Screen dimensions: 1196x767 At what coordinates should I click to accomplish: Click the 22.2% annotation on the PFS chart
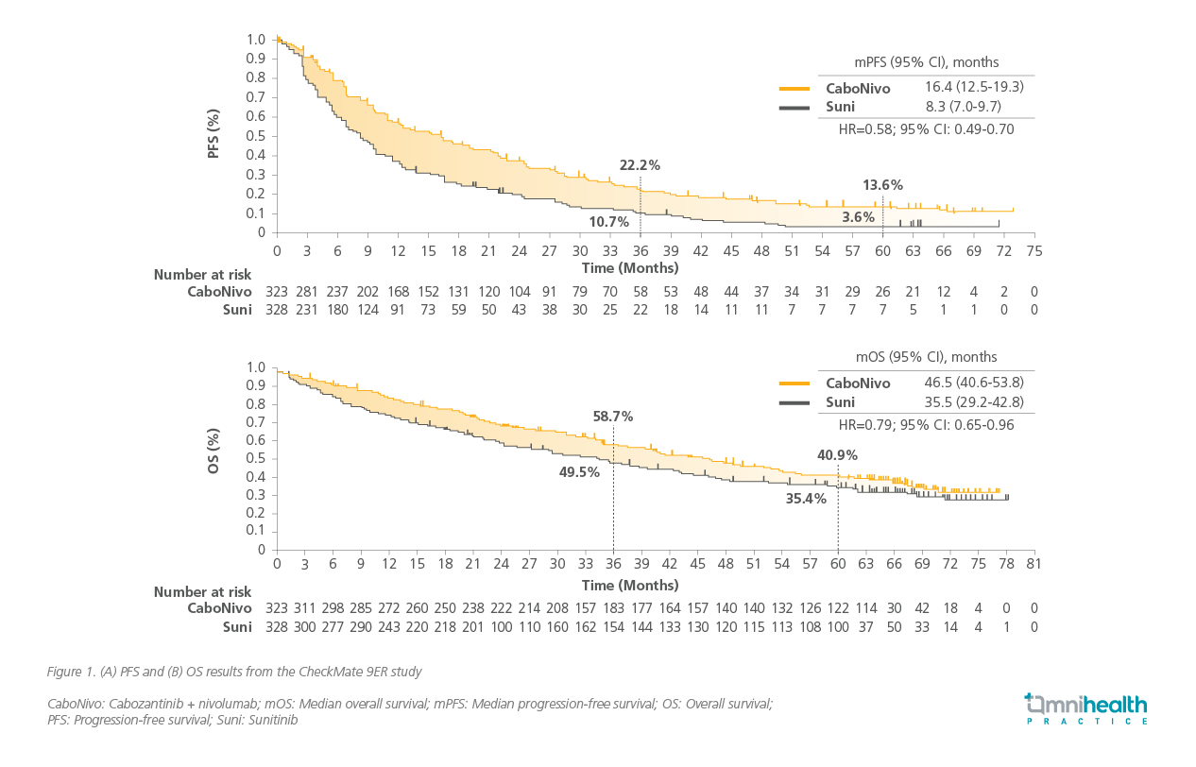tap(640, 165)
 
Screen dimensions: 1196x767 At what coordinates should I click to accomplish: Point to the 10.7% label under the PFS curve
tap(608, 222)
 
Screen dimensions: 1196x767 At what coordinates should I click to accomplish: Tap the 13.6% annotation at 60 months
tap(882, 185)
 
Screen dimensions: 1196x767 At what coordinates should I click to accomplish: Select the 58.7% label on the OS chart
tap(613, 417)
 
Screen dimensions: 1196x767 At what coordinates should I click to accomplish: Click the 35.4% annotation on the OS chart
tap(806, 499)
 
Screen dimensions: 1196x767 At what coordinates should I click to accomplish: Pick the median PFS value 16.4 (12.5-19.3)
tap(974, 87)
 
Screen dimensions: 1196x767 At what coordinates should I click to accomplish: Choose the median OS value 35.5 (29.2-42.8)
tap(974, 401)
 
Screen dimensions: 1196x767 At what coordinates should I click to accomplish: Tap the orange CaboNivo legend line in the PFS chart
tap(794, 89)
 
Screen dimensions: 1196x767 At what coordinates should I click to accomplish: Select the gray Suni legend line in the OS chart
tap(794, 403)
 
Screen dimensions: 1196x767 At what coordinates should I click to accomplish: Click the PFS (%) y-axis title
tap(214, 134)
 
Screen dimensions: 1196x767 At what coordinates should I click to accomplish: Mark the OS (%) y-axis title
tap(214, 451)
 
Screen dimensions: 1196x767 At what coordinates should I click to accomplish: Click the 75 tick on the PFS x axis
tap(1034, 251)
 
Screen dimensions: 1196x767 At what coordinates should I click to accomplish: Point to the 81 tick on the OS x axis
tap(1034, 564)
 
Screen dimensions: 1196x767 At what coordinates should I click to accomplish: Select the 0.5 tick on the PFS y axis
tap(256, 136)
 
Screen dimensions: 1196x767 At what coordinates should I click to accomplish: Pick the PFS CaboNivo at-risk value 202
tap(367, 292)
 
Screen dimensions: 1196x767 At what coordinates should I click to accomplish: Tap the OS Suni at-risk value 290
tap(360, 627)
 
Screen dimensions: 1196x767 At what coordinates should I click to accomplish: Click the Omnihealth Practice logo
tap(1085, 709)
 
